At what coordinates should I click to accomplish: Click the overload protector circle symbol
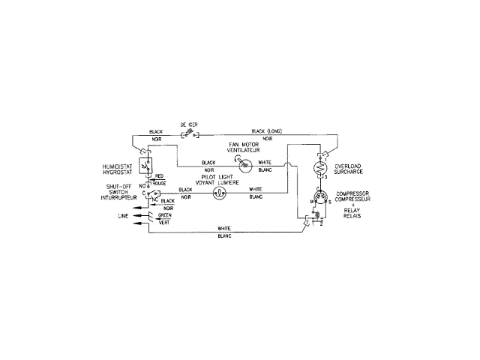pos(321,168)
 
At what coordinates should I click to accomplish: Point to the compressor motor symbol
pos(321,198)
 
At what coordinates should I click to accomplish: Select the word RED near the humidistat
pos(159,176)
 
